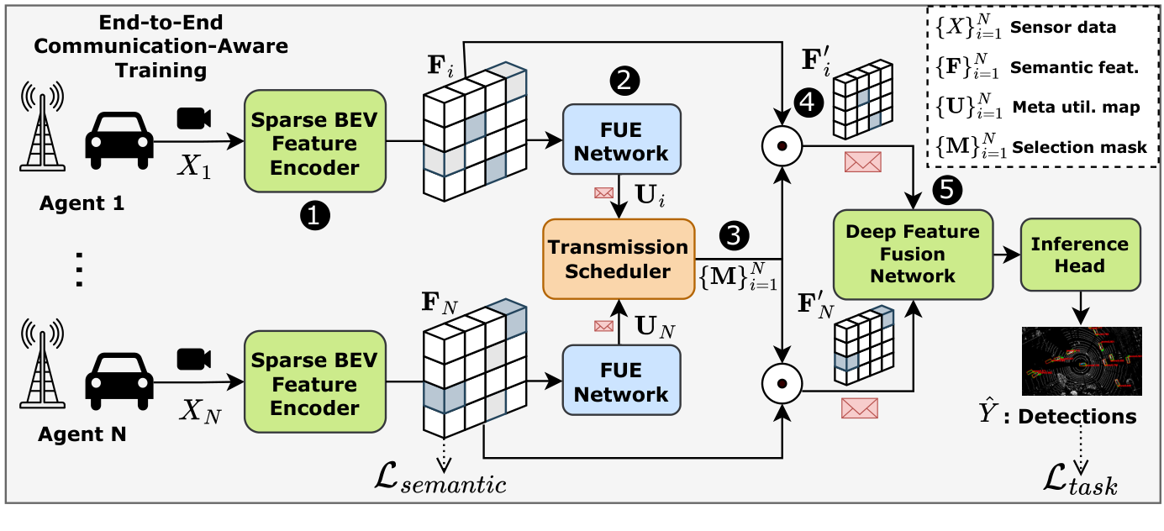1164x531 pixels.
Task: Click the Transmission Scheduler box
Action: click(619, 259)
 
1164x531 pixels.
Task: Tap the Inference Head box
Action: click(1080, 255)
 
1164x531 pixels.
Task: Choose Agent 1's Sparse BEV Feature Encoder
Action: click(314, 144)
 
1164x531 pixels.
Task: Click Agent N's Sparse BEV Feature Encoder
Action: click(314, 384)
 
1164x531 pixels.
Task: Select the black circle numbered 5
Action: click(946, 190)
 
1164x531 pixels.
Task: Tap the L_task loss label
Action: click(1080, 484)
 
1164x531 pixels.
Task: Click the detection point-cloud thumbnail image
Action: click(1081, 360)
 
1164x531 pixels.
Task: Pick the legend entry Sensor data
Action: click(1063, 27)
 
